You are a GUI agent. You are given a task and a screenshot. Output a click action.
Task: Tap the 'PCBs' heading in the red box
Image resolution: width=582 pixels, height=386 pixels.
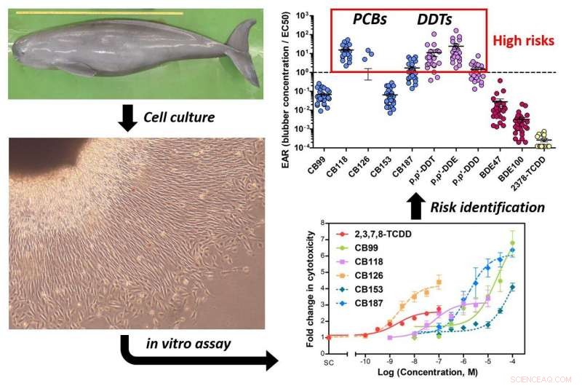366,21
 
